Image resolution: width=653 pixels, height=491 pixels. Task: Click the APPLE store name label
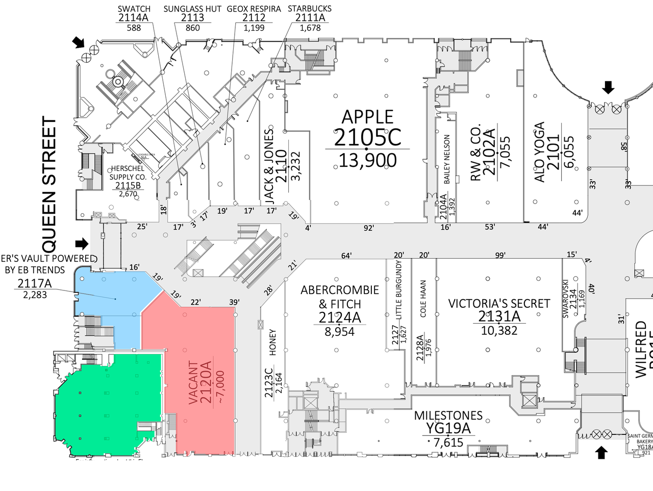367,117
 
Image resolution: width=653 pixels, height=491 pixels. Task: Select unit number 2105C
367,137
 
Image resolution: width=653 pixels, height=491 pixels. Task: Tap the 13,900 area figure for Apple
367,161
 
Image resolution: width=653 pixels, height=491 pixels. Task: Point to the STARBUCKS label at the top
310,9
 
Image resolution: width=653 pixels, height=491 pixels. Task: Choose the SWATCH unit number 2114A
134,18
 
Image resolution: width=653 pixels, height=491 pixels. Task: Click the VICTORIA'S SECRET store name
499,304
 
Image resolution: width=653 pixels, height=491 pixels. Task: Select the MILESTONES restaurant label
448,415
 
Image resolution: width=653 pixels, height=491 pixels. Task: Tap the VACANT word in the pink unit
193,383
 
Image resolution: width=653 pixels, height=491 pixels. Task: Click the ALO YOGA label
539,152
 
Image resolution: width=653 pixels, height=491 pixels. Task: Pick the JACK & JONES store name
269,164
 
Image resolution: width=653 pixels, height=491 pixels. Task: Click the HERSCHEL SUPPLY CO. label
128,173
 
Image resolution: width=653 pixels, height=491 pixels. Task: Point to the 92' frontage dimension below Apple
368,228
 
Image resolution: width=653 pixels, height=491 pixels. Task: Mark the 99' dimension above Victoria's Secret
500,255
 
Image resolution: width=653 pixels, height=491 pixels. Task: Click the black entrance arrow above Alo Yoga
608,87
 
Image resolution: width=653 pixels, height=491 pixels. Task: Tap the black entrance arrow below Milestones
601,452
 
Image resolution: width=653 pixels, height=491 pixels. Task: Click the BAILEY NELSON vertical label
447,159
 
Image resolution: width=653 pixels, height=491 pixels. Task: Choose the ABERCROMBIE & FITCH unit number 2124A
340,318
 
